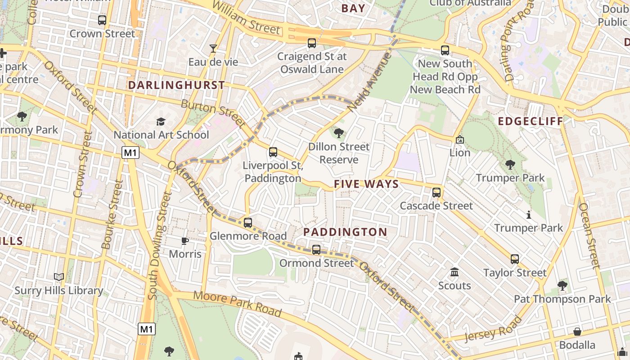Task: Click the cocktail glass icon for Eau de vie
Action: (213, 48)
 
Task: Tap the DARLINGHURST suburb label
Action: (176, 85)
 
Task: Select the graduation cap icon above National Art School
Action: (161, 121)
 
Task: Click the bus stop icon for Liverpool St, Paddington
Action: (273, 152)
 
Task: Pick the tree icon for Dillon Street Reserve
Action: (339, 133)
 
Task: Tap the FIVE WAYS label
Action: (366, 184)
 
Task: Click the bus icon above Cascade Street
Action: (436, 193)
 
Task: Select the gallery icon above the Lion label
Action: (459, 139)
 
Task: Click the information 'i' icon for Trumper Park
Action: (529, 215)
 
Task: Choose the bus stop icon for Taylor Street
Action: (514, 259)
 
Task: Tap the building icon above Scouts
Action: (454, 272)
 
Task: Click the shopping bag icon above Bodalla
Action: (577, 332)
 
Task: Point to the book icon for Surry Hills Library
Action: (58, 277)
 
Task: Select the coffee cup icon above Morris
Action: (185, 241)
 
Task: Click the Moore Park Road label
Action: (238, 304)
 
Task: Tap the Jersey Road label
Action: (493, 330)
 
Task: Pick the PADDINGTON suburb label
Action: (345, 232)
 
